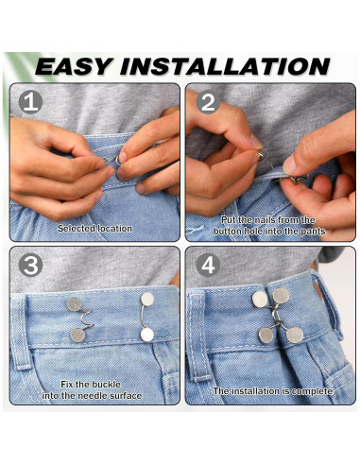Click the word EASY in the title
(x=74, y=66)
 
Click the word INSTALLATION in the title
(x=225, y=66)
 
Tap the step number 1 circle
(x=30, y=102)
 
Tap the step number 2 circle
(x=208, y=102)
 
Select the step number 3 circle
(x=30, y=266)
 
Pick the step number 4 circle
(x=208, y=266)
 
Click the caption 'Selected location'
(x=94, y=229)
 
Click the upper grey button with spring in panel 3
(x=74, y=304)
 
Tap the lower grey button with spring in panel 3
(x=77, y=336)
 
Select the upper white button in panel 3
(x=147, y=299)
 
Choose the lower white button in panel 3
(x=147, y=335)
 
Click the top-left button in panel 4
(x=260, y=299)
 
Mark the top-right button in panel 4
(x=282, y=296)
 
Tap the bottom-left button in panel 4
(x=266, y=336)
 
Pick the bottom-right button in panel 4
(x=295, y=335)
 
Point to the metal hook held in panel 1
(x=112, y=161)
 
